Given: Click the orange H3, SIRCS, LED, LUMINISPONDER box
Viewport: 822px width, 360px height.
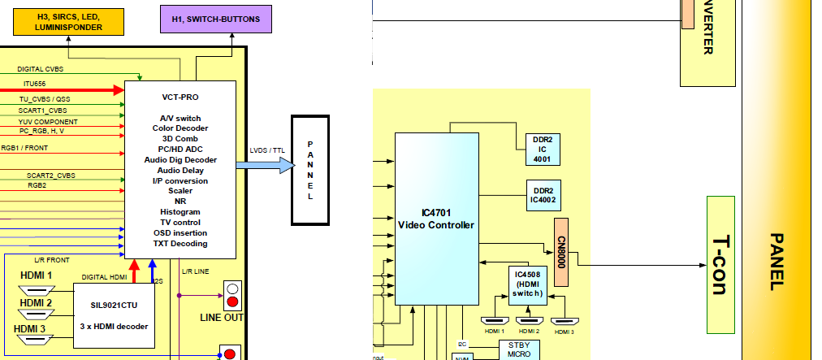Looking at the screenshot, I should (x=68, y=21).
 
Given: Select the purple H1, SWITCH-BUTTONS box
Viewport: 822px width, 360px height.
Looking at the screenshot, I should (x=216, y=19).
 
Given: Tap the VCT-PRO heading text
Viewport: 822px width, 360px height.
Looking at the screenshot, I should (x=180, y=97).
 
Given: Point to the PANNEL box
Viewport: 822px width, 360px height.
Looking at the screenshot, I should (x=309, y=171).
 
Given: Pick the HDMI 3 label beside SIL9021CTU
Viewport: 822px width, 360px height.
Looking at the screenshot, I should (x=36, y=328).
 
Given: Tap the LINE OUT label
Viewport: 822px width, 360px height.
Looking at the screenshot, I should (x=221, y=318).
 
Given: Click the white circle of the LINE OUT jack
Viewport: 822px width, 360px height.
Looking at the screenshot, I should (x=233, y=288).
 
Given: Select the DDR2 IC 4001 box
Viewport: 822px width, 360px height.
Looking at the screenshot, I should (x=542, y=150).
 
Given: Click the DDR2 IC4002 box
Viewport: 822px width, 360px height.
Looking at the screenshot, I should (x=542, y=195).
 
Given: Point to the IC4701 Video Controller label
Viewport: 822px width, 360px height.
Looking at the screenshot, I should (x=435, y=219).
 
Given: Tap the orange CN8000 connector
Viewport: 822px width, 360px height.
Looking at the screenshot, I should (x=560, y=251).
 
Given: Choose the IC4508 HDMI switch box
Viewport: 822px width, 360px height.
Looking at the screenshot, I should (x=527, y=285).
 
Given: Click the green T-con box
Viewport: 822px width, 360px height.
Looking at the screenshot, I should (x=720, y=265).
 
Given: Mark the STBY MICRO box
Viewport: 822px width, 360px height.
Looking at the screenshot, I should (x=518, y=349).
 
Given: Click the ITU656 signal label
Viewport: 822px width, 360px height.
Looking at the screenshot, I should (x=34, y=83).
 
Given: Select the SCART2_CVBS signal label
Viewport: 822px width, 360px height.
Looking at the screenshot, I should (x=50, y=175).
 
